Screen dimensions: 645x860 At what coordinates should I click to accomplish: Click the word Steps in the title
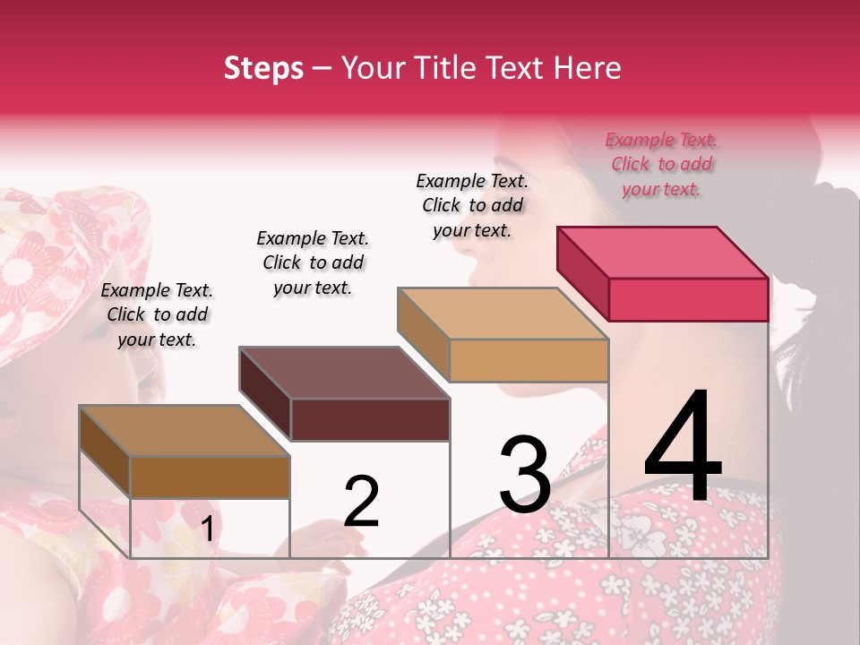pyautogui.click(x=263, y=68)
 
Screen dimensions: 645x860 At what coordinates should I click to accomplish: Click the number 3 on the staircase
pyautogui.click(x=525, y=475)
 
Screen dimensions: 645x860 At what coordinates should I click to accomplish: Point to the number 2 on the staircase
pyautogui.click(x=362, y=501)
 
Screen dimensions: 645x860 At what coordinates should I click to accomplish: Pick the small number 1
pyautogui.click(x=208, y=529)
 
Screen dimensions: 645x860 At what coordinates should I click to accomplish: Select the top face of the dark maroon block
pyautogui.click(x=345, y=373)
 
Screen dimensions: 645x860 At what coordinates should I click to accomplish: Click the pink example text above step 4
pyautogui.click(x=662, y=165)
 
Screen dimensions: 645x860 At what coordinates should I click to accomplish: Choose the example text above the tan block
pyautogui.click(x=472, y=205)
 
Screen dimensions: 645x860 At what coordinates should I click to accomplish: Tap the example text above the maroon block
pyautogui.click(x=313, y=262)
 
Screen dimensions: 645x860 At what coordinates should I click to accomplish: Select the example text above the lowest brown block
pyautogui.click(x=157, y=314)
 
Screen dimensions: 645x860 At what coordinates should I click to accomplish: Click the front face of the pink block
pyautogui.click(x=688, y=299)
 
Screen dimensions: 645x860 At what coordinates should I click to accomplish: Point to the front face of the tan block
pyautogui.click(x=529, y=360)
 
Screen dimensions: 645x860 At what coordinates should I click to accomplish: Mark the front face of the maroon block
pyautogui.click(x=370, y=419)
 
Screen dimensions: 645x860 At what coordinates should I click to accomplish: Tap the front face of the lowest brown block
pyautogui.click(x=210, y=477)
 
